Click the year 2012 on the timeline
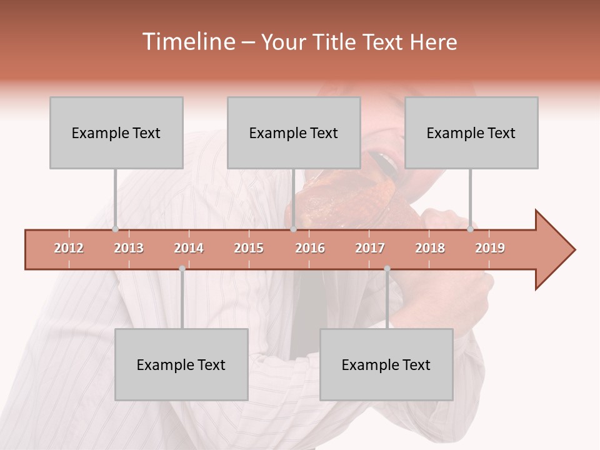coord(69,248)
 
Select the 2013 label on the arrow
coord(129,248)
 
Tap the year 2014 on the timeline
coord(189,248)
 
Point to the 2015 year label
coord(249,248)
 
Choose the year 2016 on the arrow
coord(310,248)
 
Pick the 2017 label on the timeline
coord(370,248)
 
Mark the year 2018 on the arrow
coord(430,248)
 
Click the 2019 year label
coord(490,248)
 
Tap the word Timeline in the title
coord(187,42)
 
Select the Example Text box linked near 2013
coord(116,132)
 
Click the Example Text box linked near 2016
coord(294,132)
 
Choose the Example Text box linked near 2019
coord(471,132)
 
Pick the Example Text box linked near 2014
coord(181,364)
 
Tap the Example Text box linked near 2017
coord(386,364)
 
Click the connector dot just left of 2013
coord(115,229)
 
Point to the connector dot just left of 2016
coord(293,229)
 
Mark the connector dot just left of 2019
coord(470,229)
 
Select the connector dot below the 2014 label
coord(182,269)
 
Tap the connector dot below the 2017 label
coord(387,269)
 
